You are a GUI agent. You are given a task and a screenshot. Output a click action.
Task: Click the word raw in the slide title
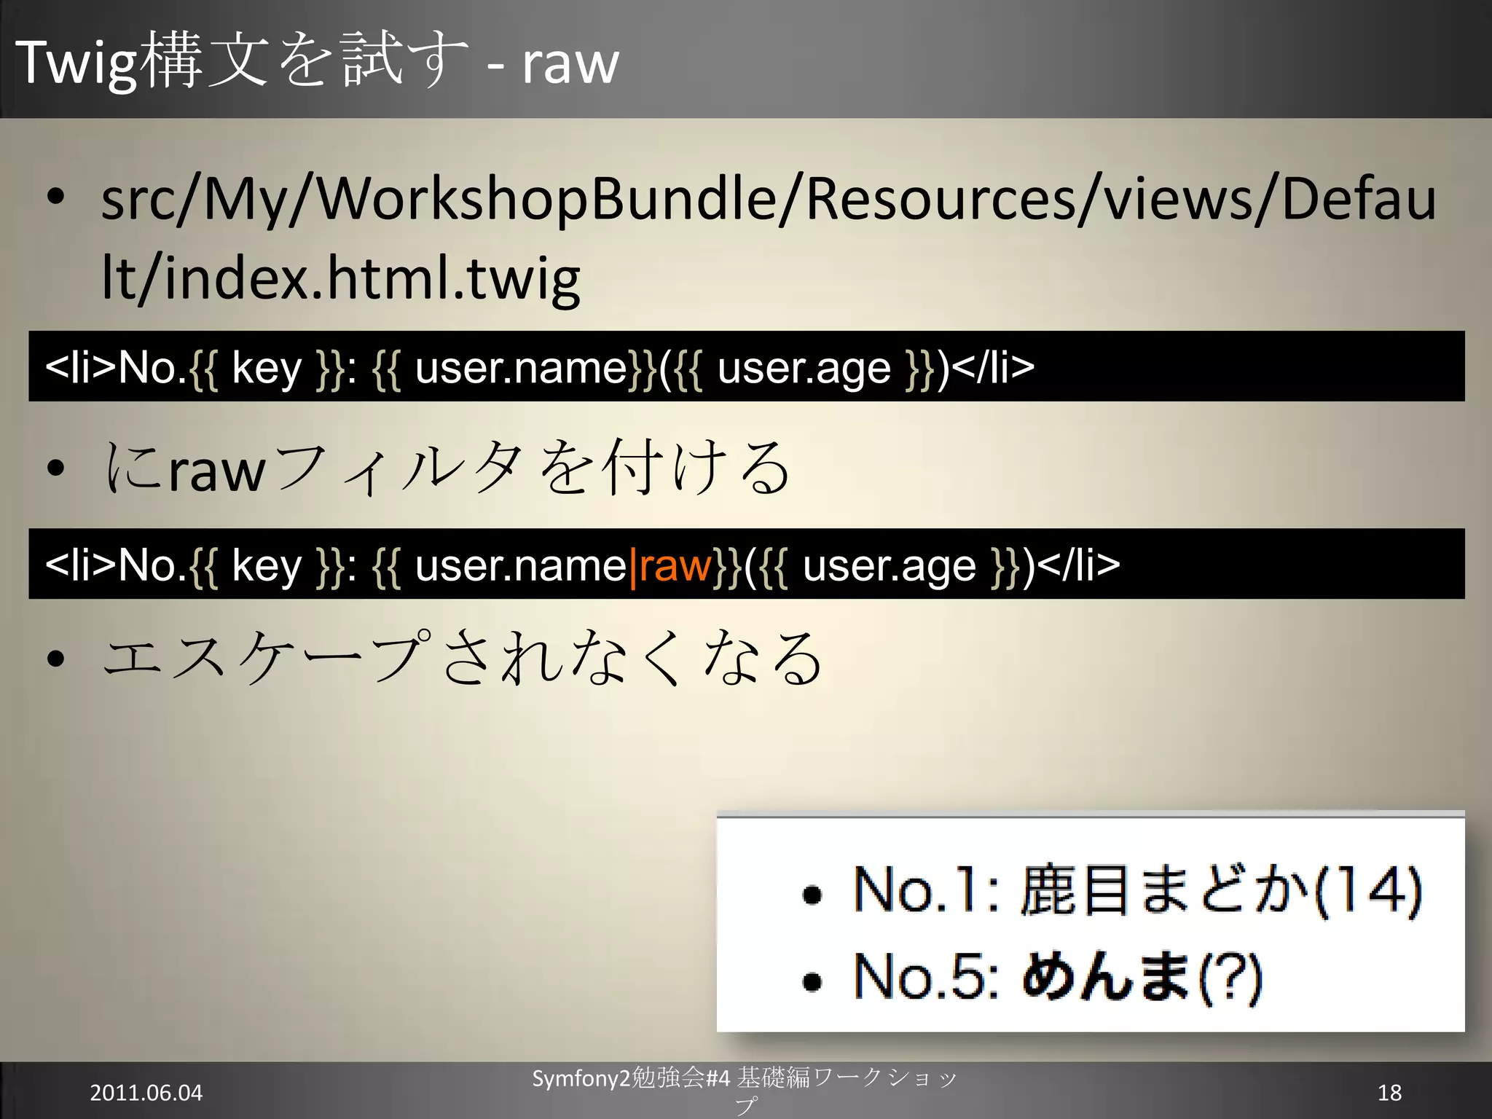[x=570, y=64]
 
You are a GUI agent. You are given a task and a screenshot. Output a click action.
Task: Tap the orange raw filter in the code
[x=675, y=565]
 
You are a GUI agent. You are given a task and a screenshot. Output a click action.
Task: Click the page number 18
[x=1389, y=1092]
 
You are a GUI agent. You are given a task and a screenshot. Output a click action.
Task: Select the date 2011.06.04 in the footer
[x=146, y=1093]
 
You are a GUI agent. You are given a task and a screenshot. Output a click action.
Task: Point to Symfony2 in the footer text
[x=581, y=1078]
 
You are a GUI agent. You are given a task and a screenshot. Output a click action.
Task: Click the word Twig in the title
[x=76, y=64]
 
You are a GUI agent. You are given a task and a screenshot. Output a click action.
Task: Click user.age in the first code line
[x=804, y=368]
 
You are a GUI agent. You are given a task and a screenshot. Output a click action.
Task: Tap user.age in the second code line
[x=889, y=565]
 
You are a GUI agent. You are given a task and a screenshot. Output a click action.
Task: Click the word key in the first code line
[x=266, y=368]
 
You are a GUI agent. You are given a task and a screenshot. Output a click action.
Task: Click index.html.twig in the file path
[x=372, y=278]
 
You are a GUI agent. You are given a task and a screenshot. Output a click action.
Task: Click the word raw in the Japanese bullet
[x=216, y=471]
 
